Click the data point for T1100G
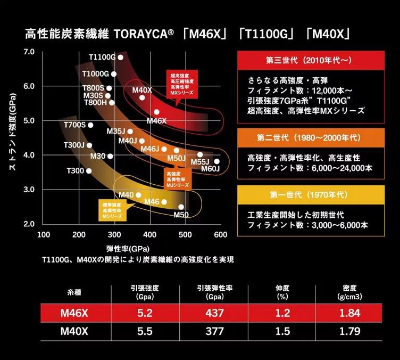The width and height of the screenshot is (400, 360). tap(121, 58)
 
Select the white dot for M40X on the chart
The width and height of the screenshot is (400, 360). tap(142, 97)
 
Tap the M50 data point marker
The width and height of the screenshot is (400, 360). tap(181, 207)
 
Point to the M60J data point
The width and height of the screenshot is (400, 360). tap(216, 161)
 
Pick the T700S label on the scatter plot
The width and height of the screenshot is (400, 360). tap(74, 125)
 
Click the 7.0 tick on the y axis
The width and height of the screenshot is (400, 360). tap(29, 52)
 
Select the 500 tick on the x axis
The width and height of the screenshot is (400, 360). tap(185, 235)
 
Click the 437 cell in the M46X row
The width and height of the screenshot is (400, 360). tap(215, 312)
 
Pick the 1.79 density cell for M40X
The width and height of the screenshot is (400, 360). tap(349, 332)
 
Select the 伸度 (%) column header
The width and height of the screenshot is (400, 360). tap(282, 292)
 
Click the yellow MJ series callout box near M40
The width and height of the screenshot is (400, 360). tap(112, 209)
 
